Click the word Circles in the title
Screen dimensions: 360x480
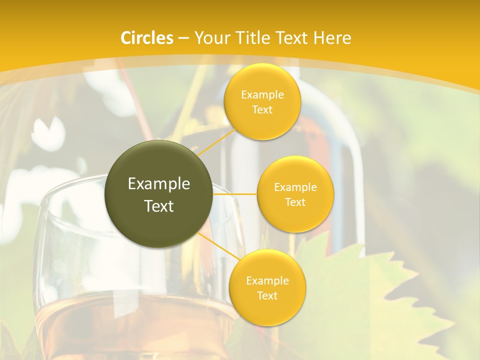tap(147, 38)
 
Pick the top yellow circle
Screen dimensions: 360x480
tap(262, 102)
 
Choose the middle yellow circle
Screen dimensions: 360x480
tap(295, 194)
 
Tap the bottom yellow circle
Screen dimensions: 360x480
tap(267, 288)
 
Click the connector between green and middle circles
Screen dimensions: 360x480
tap(235, 194)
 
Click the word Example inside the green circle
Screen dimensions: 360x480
tap(159, 184)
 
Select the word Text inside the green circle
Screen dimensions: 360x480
tap(159, 206)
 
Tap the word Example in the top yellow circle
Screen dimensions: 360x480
tap(262, 95)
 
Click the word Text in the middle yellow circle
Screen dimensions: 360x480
tap(295, 202)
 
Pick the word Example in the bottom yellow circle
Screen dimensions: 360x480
tap(267, 281)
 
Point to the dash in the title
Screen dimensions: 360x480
tap(183, 38)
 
